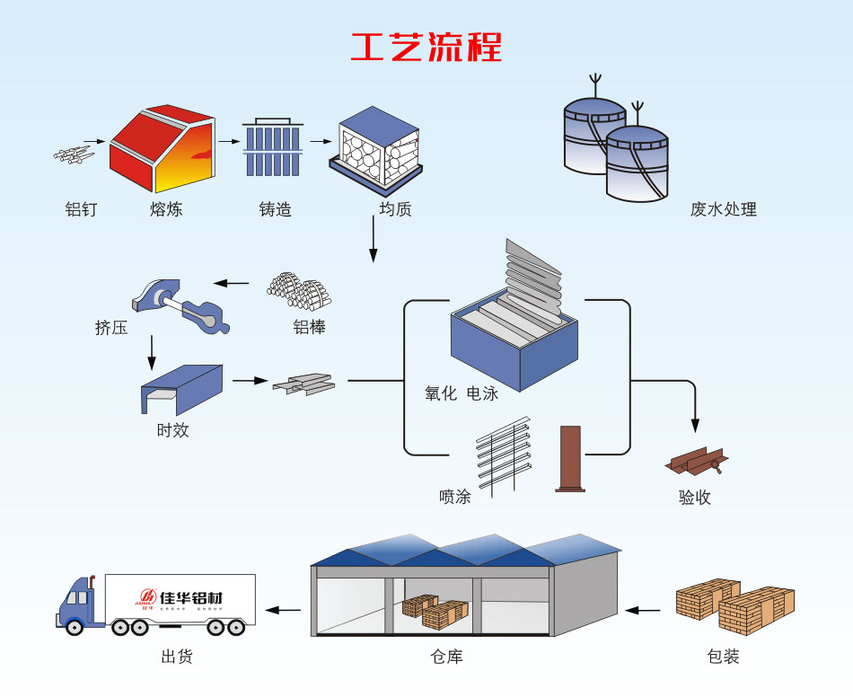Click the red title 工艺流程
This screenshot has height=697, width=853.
426,47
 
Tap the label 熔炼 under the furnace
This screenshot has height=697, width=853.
166,210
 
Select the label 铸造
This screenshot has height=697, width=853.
275,210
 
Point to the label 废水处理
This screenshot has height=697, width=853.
723,210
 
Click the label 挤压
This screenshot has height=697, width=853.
111,328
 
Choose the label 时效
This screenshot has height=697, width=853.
172,430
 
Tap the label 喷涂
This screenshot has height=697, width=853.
454,496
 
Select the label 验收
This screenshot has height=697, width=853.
694,497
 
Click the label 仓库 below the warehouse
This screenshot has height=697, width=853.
446,657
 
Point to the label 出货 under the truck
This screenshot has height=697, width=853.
177,657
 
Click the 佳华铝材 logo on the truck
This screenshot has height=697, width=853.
179,597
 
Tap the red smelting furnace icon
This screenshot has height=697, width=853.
162,149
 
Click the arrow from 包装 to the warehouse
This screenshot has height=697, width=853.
643,611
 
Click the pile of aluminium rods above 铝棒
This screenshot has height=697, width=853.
299,289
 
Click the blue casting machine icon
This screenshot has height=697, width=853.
274,147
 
